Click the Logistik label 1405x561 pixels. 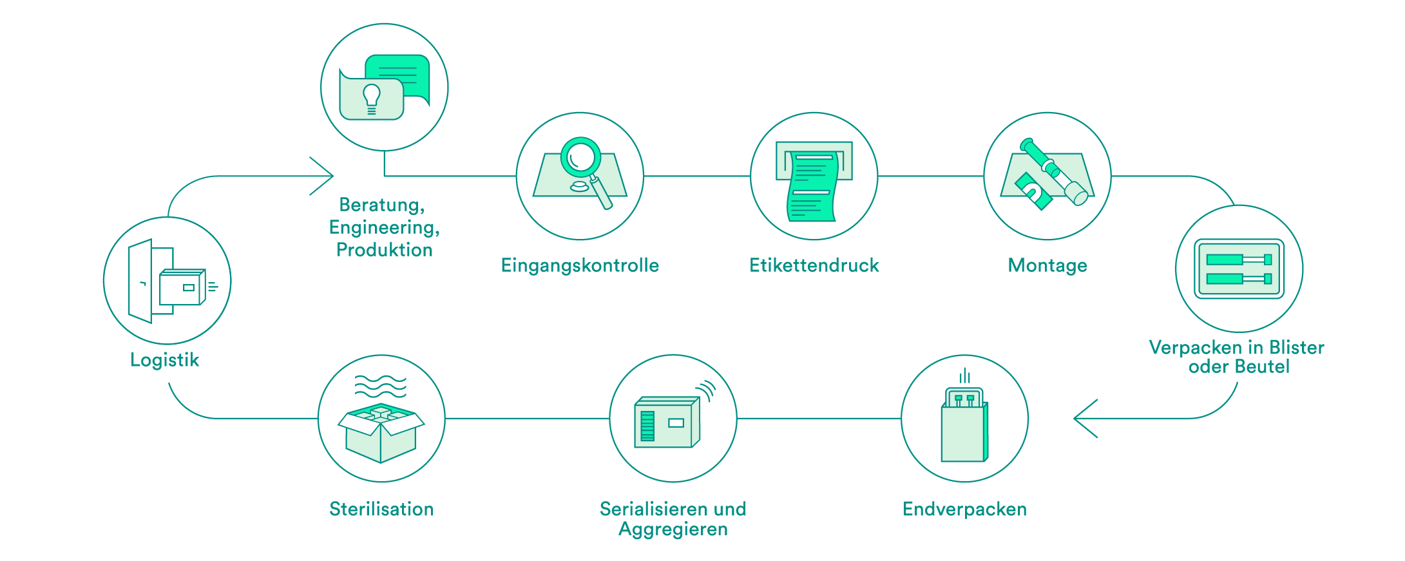(164, 359)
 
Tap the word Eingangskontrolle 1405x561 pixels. (580, 265)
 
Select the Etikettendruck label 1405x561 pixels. (814, 265)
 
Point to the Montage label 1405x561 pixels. (1047, 265)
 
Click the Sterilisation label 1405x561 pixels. (381, 509)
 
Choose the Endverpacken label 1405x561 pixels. (964, 509)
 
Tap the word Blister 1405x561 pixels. (1297, 347)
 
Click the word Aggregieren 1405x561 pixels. (673, 529)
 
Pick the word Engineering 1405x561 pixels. (385, 227)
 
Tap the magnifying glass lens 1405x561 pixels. (581, 157)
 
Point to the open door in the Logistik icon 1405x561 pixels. (140, 281)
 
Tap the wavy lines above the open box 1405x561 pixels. (381, 386)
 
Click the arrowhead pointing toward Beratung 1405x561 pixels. (321, 176)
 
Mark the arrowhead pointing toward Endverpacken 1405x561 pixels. (1085, 419)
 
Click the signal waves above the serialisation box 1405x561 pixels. (707, 390)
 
